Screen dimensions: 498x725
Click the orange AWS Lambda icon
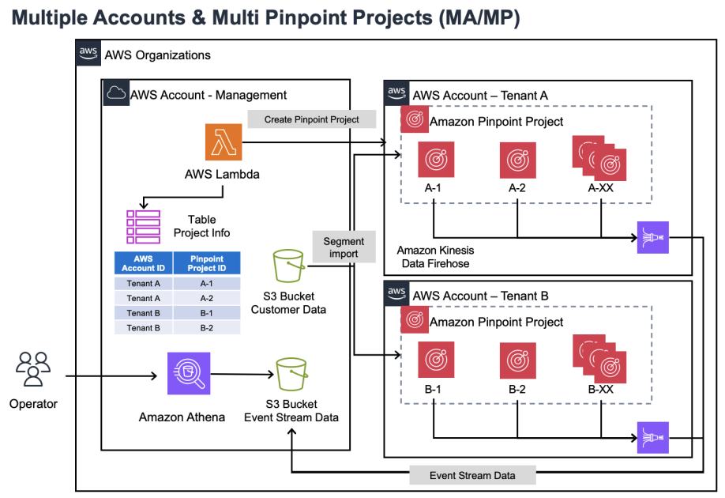click(x=224, y=142)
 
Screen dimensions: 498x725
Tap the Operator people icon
click(x=33, y=369)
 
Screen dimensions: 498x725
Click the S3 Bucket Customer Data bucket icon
click(x=288, y=268)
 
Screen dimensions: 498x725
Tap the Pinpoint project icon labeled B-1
click(x=434, y=360)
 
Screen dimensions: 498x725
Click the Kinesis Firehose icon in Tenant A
click(x=652, y=237)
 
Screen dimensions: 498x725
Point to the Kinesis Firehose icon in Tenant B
click(x=652, y=437)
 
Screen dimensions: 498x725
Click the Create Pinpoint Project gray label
click(x=311, y=119)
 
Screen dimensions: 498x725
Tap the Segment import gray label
click(x=344, y=247)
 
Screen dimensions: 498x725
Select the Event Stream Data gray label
click(x=472, y=475)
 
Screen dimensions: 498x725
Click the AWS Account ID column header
click(x=144, y=263)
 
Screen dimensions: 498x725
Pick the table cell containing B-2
click(x=206, y=327)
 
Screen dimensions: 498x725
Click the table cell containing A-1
click(x=206, y=284)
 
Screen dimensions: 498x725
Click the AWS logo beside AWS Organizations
click(x=88, y=54)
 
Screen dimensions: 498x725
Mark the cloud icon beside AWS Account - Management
click(x=117, y=93)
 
